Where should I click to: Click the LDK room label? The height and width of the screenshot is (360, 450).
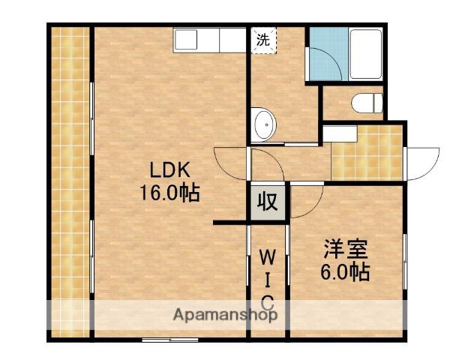pos(170,170)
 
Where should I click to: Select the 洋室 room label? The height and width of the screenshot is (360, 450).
pos(346,249)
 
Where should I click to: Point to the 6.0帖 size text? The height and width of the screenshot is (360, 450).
pos(345,271)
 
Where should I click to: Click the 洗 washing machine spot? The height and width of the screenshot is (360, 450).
pos(263,40)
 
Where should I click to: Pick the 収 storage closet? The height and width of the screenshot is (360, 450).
pos(268,202)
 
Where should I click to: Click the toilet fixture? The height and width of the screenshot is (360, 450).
pos(367,103)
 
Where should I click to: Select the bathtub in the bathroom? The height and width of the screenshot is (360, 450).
pos(366,55)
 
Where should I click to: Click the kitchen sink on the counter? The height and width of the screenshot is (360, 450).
pos(186,40)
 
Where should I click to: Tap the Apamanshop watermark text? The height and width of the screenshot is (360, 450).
pos(225,315)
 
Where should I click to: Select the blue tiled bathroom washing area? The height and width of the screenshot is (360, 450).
pos(327,54)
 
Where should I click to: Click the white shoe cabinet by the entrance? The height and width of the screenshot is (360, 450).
pos(340,133)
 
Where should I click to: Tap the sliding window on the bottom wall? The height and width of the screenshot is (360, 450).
pos(170,340)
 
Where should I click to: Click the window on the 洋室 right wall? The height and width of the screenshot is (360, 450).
pos(405,262)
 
